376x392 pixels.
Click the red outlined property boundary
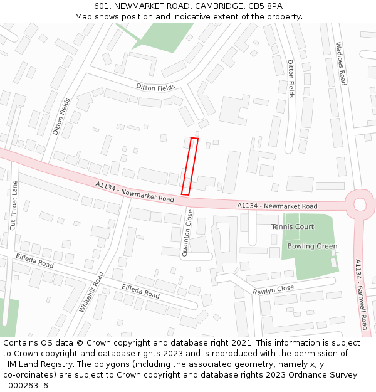click(190, 166)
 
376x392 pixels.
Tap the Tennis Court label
click(293, 226)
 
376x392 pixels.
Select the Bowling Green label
click(312, 246)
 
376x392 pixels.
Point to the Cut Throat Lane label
click(13, 205)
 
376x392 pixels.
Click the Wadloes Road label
click(340, 63)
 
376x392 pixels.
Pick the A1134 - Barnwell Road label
click(360, 294)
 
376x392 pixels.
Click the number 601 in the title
click(102, 6)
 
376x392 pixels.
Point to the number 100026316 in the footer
click(26, 386)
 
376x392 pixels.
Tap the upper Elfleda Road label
click(34, 261)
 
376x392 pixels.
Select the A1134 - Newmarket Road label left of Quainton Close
click(135, 191)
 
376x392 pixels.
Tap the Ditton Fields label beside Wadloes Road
click(291, 79)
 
